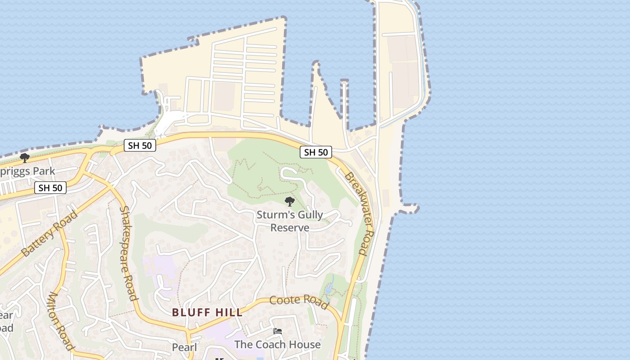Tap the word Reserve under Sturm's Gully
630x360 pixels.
(290, 228)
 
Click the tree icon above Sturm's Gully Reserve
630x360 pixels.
(290, 201)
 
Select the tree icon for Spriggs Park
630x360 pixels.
(25, 158)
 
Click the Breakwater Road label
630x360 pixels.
(360, 213)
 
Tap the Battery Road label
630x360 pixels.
(49, 234)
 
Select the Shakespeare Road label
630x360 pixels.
(128, 253)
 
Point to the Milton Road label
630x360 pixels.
(60, 321)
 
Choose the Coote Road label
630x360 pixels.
(299, 302)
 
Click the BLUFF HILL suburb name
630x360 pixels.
(207, 312)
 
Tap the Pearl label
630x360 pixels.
(184, 347)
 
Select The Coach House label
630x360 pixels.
(278, 345)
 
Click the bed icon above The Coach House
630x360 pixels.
(278, 332)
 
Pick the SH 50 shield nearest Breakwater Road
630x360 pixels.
(316, 153)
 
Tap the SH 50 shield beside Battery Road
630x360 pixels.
(50, 188)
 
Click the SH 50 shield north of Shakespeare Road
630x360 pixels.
(140, 145)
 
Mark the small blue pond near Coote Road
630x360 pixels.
(329, 288)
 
